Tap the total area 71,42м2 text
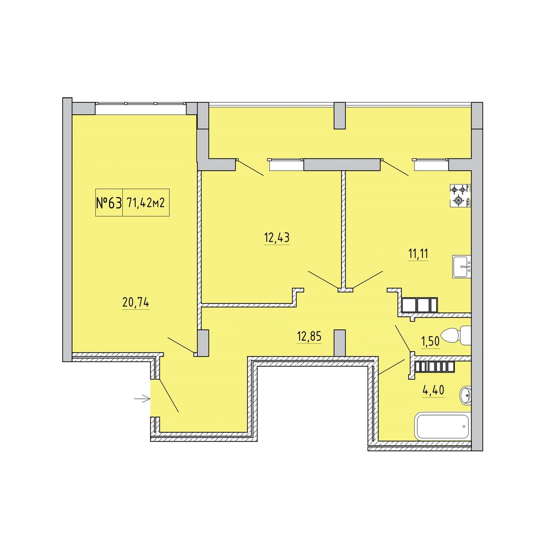pyautogui.click(x=146, y=203)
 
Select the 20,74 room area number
pyautogui.click(x=136, y=303)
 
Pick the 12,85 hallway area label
pyautogui.click(x=309, y=337)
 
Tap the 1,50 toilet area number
pyautogui.click(x=431, y=341)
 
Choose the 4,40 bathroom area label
pyautogui.click(x=433, y=390)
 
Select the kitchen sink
pyautogui.click(x=462, y=267)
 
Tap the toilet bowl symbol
pyautogui.click(x=456, y=336)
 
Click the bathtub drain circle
pyautogui.click(x=464, y=427)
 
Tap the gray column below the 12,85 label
pyautogui.click(x=340, y=342)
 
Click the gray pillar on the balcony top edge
pyautogui.click(x=340, y=116)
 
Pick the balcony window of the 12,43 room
pyautogui.click(x=285, y=165)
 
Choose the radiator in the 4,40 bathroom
pyautogui.click(x=435, y=367)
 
